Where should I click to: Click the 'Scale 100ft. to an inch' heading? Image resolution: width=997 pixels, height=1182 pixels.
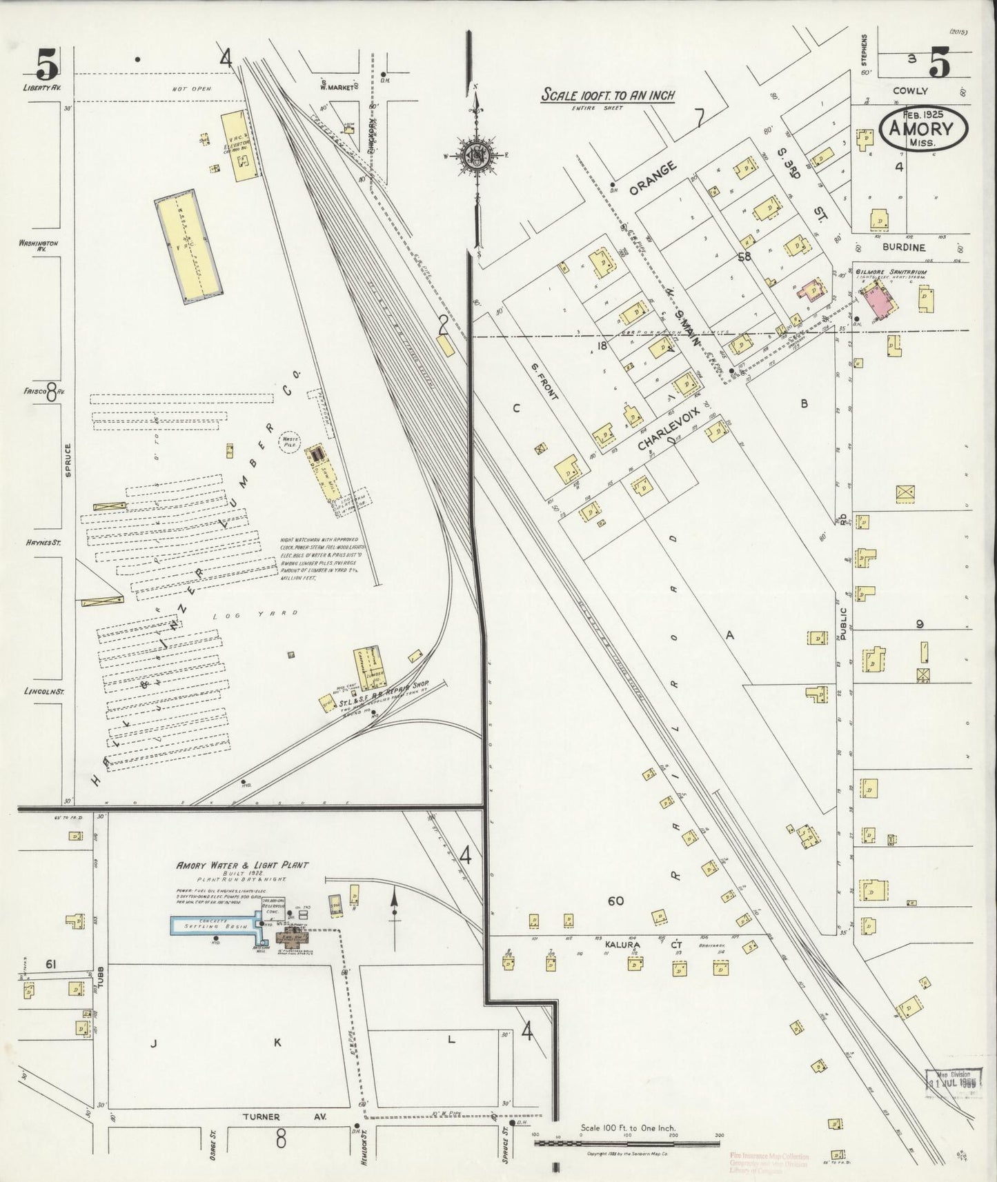click(607, 95)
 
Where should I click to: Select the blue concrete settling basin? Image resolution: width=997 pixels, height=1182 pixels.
click(214, 925)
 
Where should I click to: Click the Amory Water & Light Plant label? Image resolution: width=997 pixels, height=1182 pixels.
click(242, 865)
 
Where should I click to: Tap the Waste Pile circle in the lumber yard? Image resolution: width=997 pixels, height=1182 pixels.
click(288, 441)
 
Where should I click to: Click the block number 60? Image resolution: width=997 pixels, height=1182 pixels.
click(615, 901)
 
